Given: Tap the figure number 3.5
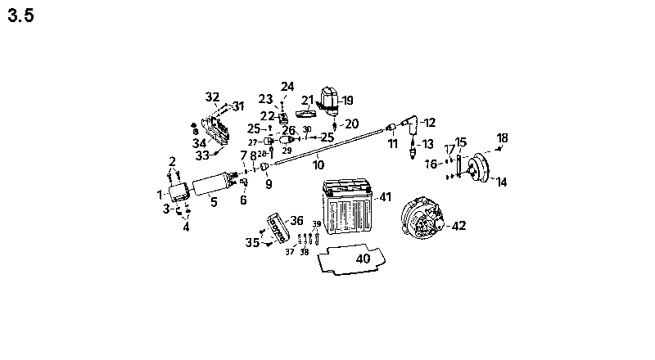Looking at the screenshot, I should pyautogui.click(x=20, y=17).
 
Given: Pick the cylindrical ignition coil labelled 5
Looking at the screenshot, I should pyautogui.click(x=215, y=187).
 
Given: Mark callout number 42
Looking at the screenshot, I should pyautogui.click(x=459, y=226).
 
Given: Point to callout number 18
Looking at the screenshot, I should pyautogui.click(x=503, y=137).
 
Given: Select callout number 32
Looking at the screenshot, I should pyautogui.click(x=213, y=97).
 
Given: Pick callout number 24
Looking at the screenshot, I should pyautogui.click(x=287, y=86).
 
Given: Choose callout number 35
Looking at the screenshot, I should pyautogui.click(x=252, y=243).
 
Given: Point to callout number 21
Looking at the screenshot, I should pyautogui.click(x=308, y=101).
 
